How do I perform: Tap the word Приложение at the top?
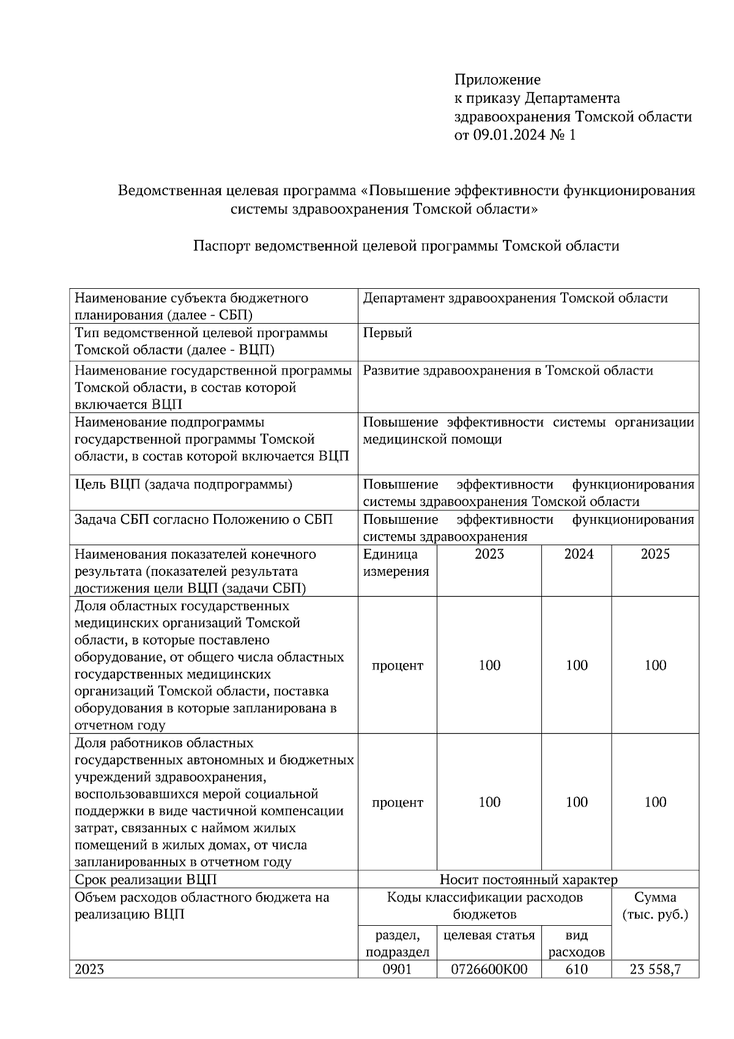tap(497, 80)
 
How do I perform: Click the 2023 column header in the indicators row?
tap(489, 554)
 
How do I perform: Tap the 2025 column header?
tap(654, 554)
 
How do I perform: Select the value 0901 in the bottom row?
tap(396, 969)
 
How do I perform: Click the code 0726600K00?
tap(488, 969)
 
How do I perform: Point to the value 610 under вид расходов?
tap(576, 969)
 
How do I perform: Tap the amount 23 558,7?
tap(655, 969)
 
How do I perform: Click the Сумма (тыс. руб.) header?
tap(654, 906)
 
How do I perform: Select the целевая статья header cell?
tap(488, 936)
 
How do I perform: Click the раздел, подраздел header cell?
tap(396, 944)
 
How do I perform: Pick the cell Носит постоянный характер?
tap(528, 880)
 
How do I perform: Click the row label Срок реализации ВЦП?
tap(146, 880)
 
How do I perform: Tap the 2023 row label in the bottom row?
tap(89, 969)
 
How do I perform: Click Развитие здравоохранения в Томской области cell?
tap(508, 371)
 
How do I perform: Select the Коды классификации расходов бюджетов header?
tap(484, 906)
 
